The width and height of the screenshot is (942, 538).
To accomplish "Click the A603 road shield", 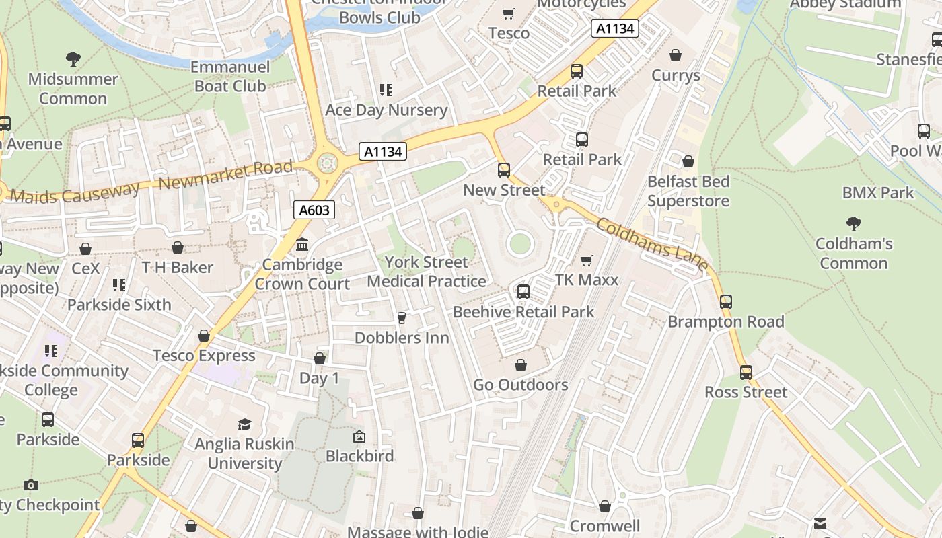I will point(314,210).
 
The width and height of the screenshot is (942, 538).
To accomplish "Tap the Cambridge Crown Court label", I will point(302,274).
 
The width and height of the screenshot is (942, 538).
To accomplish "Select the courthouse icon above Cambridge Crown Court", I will point(302,244).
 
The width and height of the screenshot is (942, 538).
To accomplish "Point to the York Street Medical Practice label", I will point(427,272).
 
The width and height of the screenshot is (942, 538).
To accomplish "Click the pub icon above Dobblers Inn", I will point(402,317).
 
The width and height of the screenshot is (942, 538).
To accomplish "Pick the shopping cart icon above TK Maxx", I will point(587,260).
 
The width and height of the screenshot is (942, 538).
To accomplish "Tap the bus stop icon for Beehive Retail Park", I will point(523,292).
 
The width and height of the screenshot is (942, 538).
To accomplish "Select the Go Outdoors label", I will point(521,385).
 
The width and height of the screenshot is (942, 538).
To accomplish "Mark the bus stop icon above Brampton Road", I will point(725,302).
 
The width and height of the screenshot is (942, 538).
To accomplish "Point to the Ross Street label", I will point(746,392).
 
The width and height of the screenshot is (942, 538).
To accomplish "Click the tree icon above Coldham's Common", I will point(854,223).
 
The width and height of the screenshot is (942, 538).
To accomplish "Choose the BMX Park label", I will point(878,193).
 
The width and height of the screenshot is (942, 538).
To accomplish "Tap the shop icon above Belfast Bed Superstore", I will point(688,161).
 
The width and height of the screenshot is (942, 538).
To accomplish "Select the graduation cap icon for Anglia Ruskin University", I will point(244,424).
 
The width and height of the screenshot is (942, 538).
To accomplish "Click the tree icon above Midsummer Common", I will point(73,59).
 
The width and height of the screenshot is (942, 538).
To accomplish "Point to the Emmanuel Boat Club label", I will point(230,77).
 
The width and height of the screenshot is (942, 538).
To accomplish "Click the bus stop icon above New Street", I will point(503,170).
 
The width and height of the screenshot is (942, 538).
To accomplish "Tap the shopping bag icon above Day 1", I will point(320,358).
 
